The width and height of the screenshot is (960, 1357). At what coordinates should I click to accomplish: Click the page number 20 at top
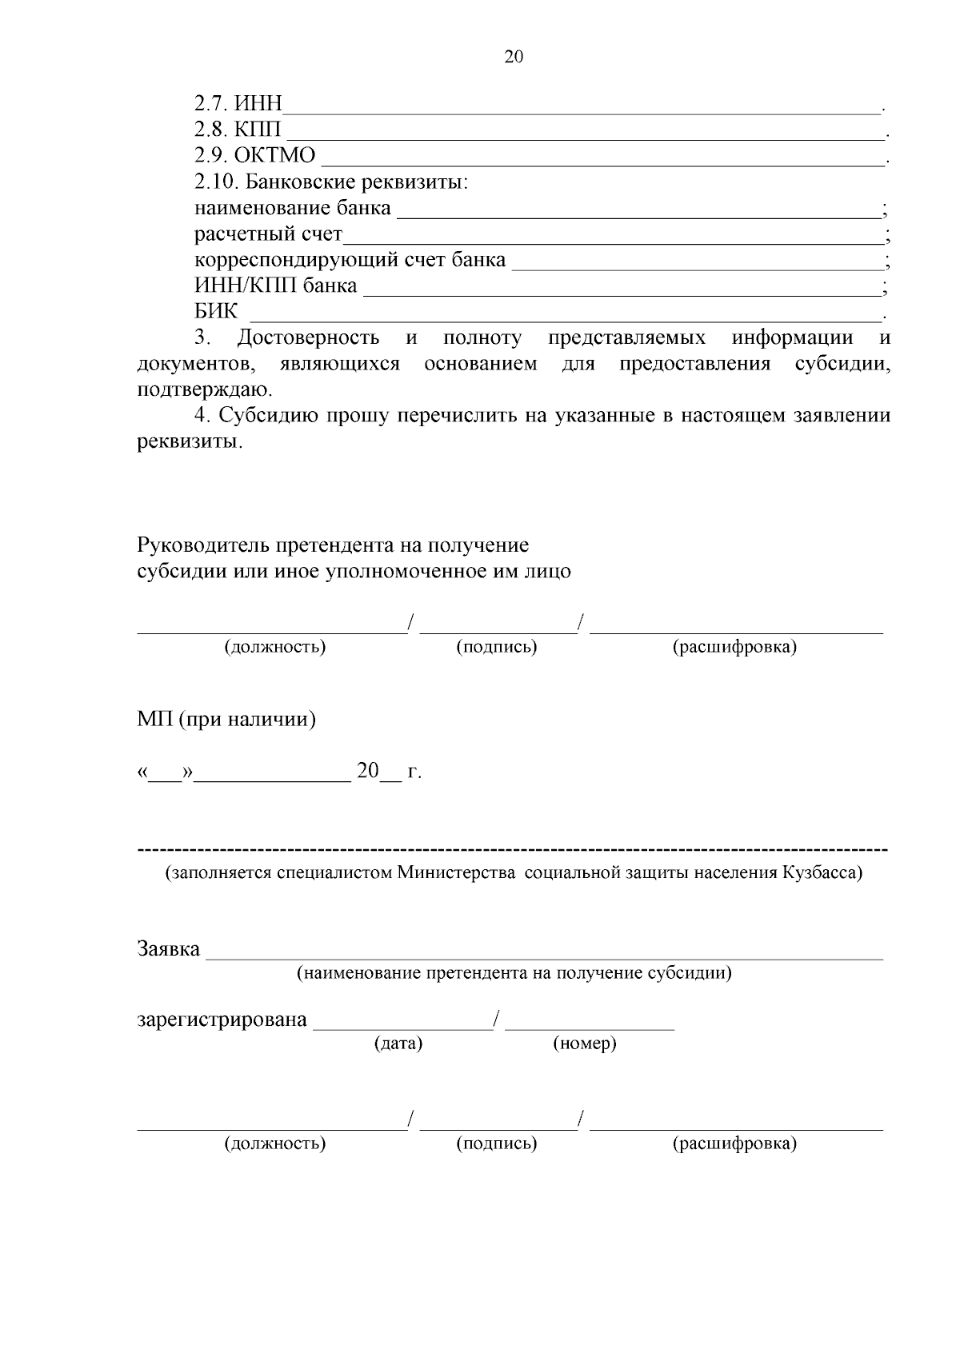[514, 57]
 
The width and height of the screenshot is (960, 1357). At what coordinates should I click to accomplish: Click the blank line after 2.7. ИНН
[582, 106]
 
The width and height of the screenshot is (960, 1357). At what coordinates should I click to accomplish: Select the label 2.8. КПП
[238, 130]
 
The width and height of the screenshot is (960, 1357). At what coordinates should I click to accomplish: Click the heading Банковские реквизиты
[356, 182]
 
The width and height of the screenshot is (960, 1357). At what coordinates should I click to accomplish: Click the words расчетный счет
[268, 234]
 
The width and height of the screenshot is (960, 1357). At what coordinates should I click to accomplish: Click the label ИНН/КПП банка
[275, 285]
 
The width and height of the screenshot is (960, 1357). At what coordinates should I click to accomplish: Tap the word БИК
[216, 312]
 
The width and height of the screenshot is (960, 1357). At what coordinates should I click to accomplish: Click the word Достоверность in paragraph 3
[309, 338]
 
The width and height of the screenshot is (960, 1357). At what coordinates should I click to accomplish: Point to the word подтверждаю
[204, 390]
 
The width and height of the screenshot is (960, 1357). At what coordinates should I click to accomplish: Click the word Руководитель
[204, 545]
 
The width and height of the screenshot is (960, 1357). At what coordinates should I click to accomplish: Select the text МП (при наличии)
[226, 720]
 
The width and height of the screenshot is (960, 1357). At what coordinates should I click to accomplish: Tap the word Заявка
[168, 949]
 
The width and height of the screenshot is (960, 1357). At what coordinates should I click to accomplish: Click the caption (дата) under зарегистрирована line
[398, 1044]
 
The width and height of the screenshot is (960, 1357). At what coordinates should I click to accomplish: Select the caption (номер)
[584, 1044]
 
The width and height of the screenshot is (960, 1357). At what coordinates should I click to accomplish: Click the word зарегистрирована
[222, 1020]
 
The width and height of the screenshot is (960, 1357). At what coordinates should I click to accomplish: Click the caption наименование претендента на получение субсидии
[514, 973]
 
